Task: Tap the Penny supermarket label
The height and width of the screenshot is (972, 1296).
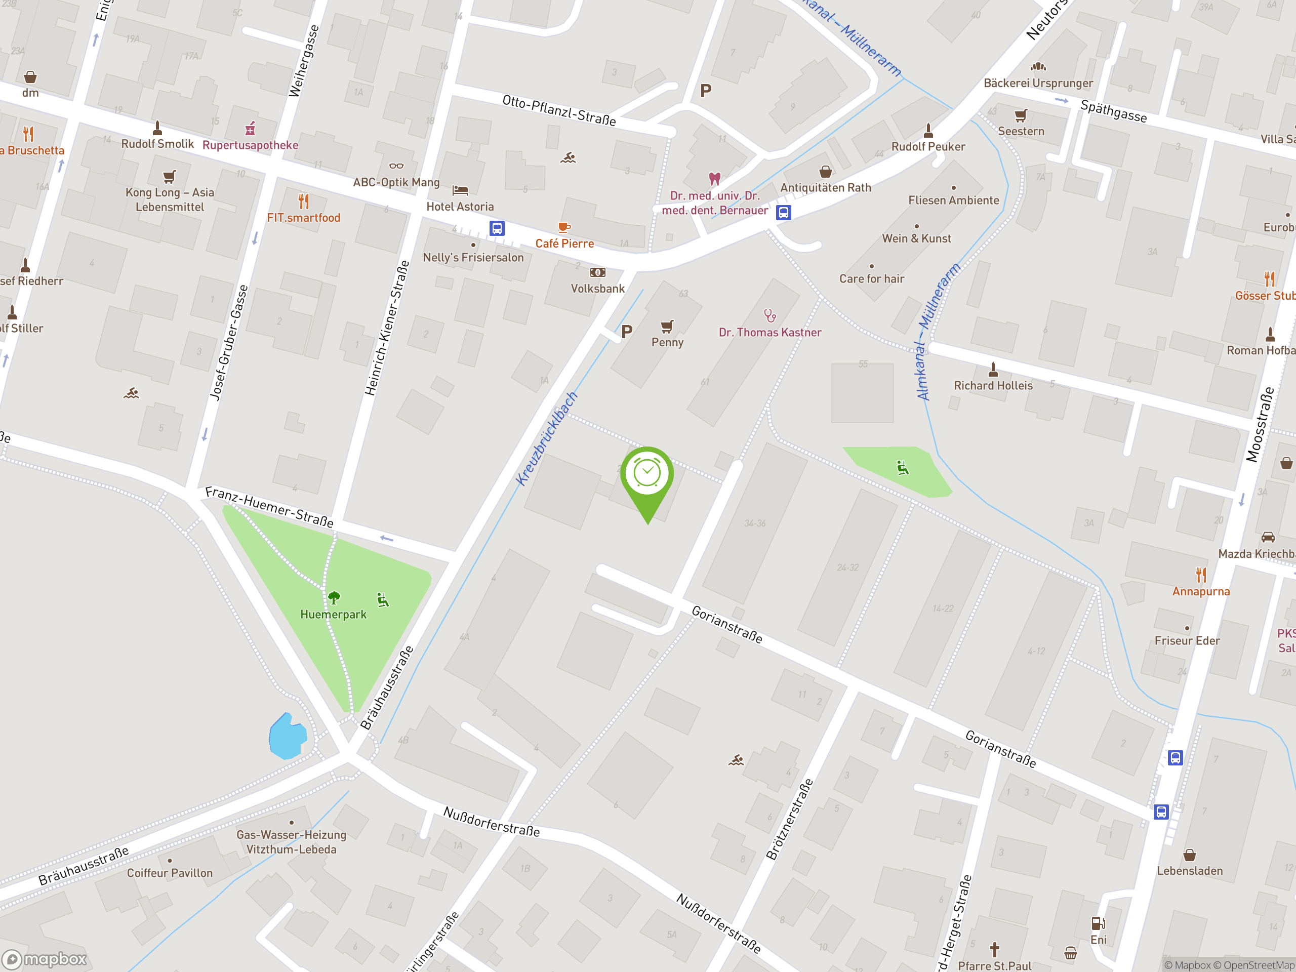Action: pos(667,343)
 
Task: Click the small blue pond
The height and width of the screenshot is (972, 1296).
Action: pos(287,737)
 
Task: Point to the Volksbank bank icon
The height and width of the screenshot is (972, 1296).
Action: pos(597,272)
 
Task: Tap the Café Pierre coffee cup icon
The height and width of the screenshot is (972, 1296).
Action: pos(563,227)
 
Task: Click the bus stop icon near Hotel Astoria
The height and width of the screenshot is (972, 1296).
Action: pos(497,228)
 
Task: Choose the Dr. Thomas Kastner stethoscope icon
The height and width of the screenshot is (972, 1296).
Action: pos(770,316)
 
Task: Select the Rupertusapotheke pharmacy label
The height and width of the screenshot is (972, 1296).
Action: pos(250,145)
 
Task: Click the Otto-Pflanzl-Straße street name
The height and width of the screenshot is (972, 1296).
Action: pos(559,110)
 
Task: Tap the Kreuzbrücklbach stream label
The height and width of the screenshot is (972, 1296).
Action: pos(547,439)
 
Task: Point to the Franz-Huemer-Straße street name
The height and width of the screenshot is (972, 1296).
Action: pos(269,507)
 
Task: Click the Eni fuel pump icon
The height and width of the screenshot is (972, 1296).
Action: pos(1098,924)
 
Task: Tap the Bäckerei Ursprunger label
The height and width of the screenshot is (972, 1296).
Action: pos(1038,83)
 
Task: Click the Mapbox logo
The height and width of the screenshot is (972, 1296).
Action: pos(45,958)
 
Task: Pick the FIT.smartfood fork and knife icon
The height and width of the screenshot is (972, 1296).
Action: pos(303,201)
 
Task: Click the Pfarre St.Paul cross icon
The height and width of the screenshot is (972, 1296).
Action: pos(994,949)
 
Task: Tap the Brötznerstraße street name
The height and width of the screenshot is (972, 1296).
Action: pos(789,819)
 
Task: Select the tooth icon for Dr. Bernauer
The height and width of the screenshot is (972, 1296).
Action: pos(714,178)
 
